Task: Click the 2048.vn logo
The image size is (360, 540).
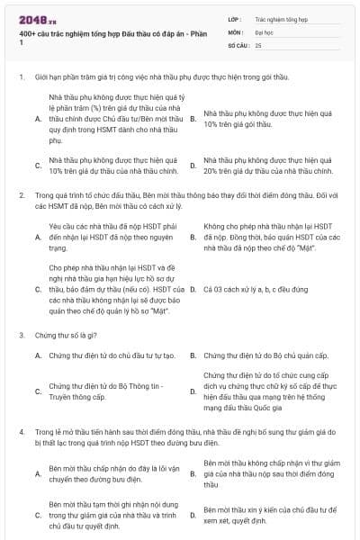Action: (32, 20)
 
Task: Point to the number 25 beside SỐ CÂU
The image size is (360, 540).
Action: (258, 44)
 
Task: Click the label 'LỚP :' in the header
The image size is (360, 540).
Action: (234, 18)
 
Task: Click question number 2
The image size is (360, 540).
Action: (21, 194)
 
